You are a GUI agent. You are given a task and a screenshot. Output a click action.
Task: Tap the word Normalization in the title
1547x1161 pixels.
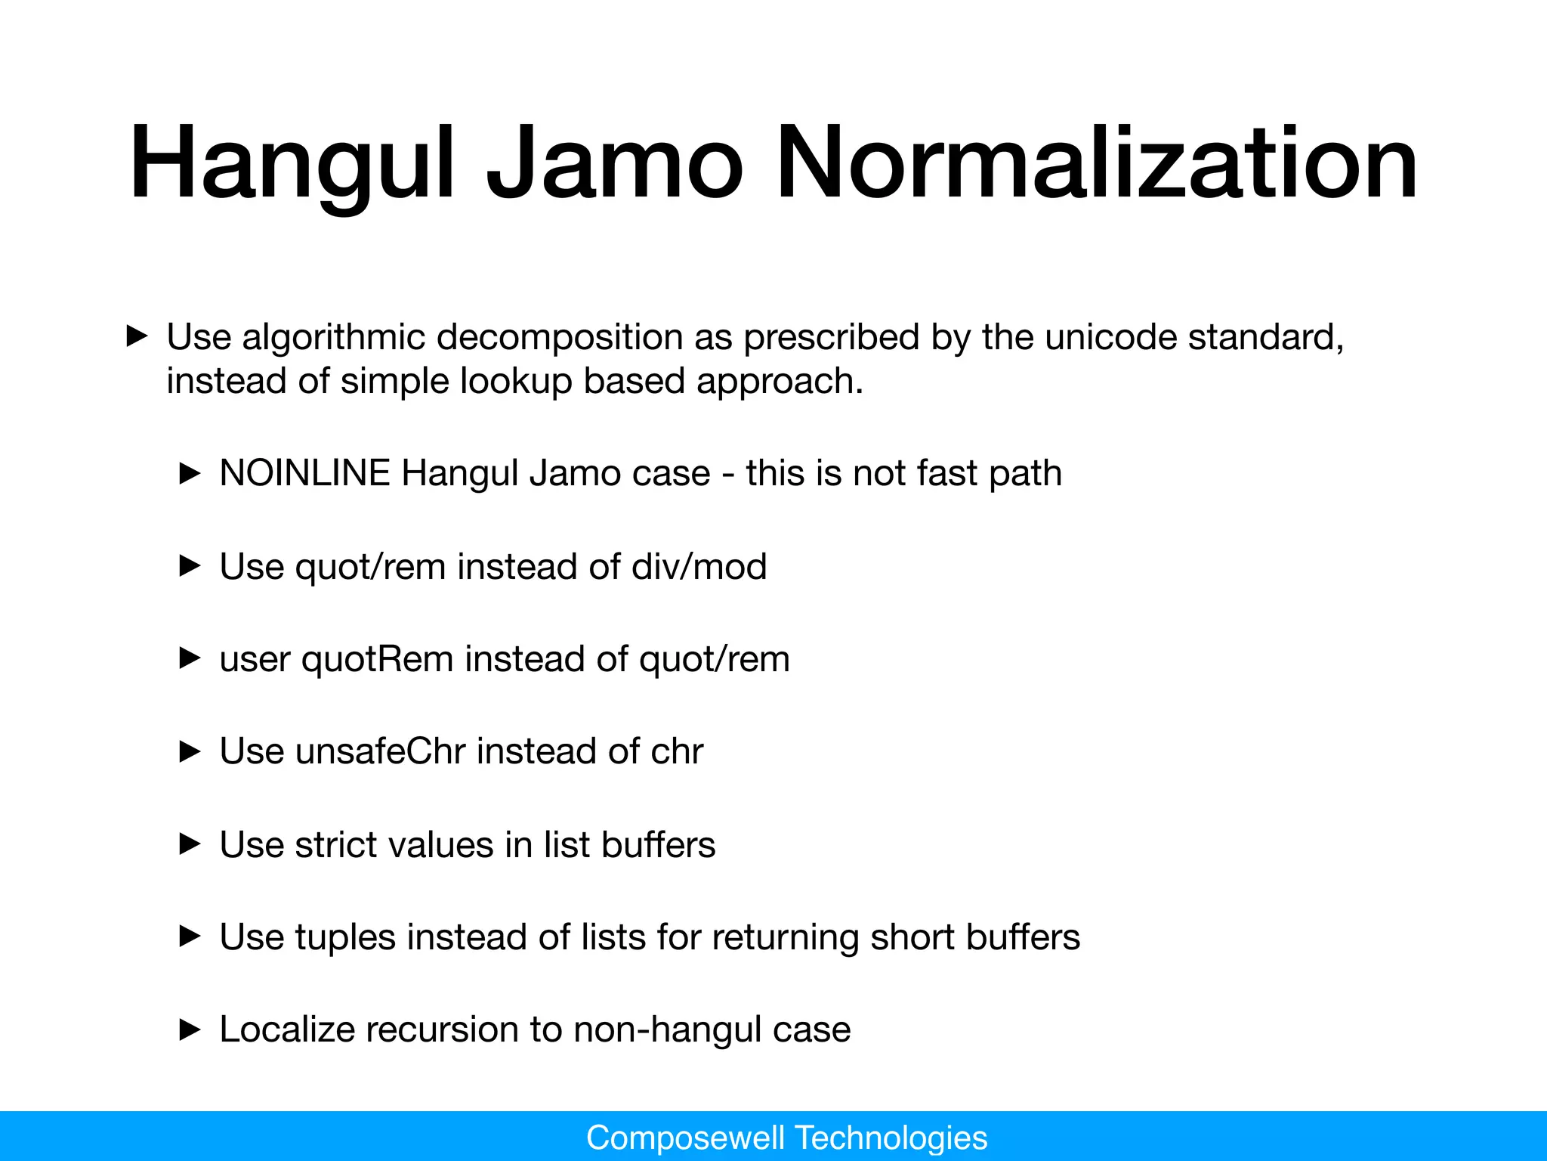[1096, 165]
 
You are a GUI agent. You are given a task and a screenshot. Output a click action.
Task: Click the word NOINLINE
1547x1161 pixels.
[304, 474]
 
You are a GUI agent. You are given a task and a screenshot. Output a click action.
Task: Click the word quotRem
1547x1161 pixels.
[378, 659]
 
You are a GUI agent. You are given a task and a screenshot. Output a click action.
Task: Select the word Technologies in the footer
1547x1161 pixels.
[891, 1138]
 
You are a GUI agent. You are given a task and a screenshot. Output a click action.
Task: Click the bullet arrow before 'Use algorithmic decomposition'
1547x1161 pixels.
[136, 337]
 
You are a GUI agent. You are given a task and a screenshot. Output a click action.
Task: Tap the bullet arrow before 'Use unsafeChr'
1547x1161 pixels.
[190, 751]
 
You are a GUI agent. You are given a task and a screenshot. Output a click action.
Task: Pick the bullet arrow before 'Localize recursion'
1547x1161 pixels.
[190, 1029]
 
